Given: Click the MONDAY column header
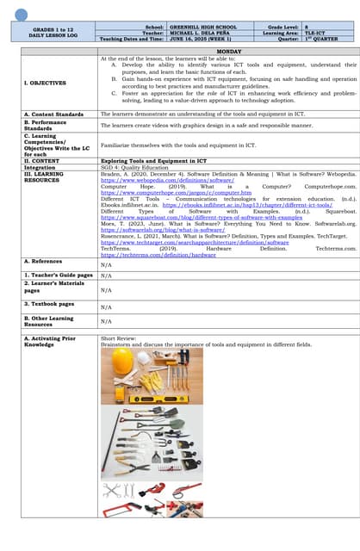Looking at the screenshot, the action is [228, 52].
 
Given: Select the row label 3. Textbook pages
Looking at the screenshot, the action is [49, 303].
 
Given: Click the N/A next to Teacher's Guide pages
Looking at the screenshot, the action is [106, 275].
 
